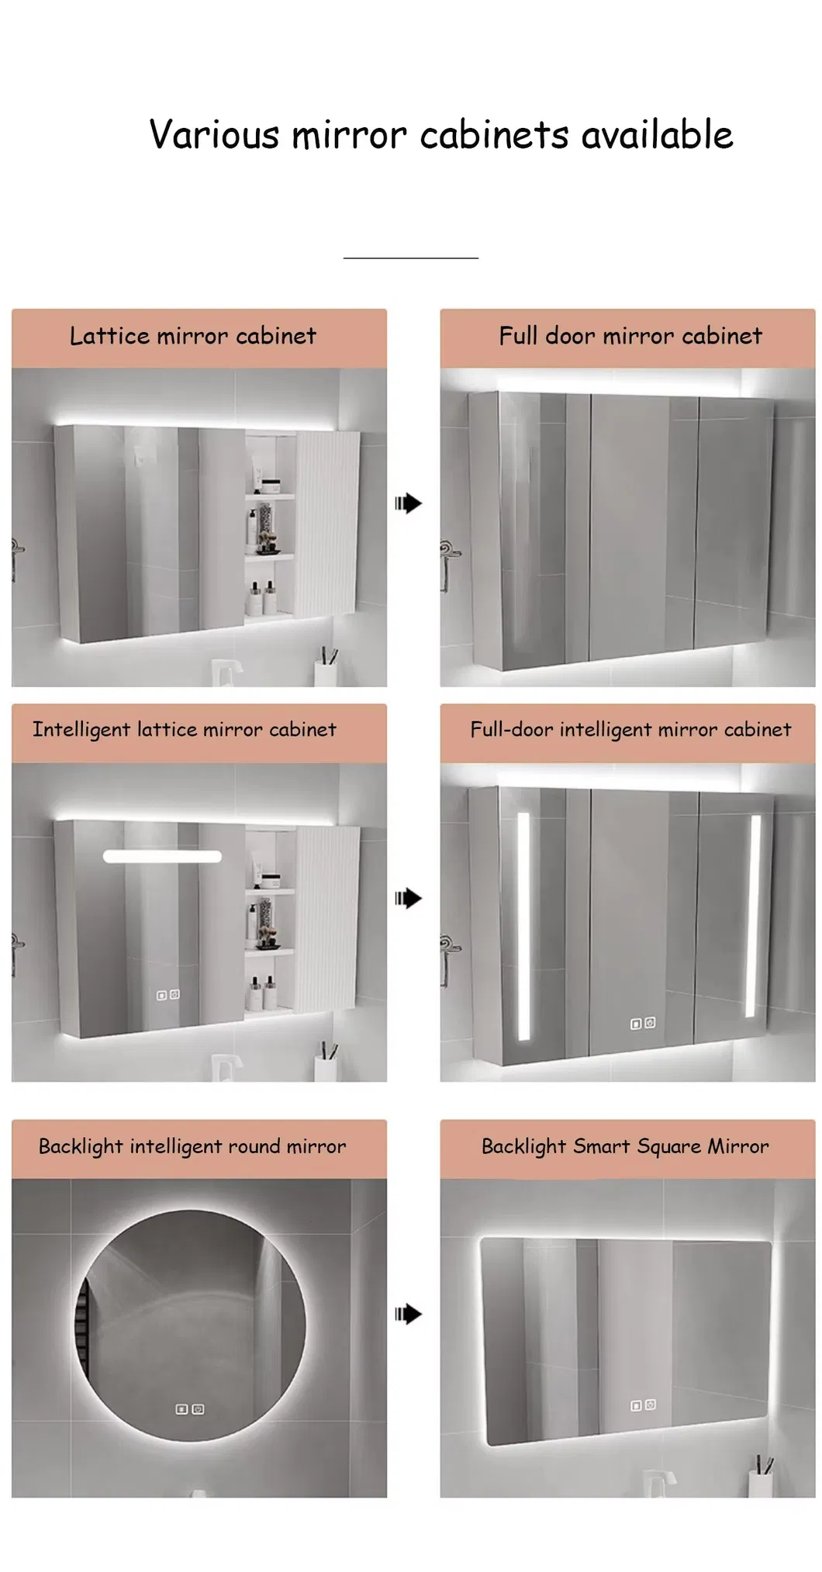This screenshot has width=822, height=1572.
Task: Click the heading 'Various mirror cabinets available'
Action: point(440,134)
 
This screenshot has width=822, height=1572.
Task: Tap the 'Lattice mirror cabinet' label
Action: point(193,336)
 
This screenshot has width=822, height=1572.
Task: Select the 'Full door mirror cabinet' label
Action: point(630,336)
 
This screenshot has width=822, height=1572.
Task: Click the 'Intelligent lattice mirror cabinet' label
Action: point(185,730)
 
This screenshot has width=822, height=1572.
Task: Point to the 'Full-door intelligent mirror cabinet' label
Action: point(630,730)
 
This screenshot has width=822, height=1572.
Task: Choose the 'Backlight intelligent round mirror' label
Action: point(192,1146)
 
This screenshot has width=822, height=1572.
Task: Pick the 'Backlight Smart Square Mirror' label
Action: point(625,1146)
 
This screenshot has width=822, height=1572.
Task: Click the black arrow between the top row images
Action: point(408,503)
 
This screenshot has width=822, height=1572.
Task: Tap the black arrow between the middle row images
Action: point(408,898)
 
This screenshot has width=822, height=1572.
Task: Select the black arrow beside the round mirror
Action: point(408,1314)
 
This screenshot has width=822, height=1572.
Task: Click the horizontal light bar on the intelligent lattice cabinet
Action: point(162,856)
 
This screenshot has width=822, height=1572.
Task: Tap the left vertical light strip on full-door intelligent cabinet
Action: point(523,926)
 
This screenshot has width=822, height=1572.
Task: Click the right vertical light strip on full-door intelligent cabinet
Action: point(753,915)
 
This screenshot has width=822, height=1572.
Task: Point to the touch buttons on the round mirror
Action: point(189,1409)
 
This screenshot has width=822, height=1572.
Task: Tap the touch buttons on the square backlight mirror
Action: point(643,1404)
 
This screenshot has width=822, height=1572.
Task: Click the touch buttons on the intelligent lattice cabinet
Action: point(168,995)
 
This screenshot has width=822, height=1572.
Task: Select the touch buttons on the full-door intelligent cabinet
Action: point(643,1024)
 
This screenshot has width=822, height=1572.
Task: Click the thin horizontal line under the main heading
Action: point(411,257)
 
